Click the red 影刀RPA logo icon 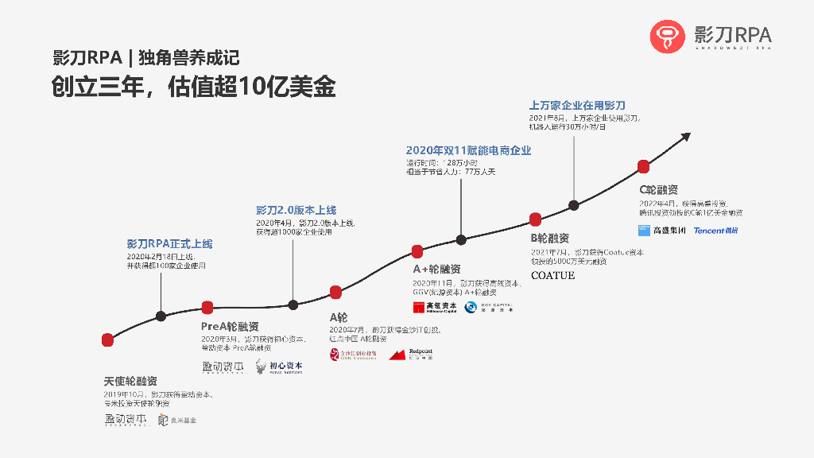(x=667, y=37)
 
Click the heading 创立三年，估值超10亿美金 (x=194, y=87)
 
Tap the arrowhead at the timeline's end (x=684, y=136)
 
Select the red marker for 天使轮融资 (x=107, y=340)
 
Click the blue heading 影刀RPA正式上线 (x=169, y=244)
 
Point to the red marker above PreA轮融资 (x=207, y=308)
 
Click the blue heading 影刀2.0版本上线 (x=296, y=210)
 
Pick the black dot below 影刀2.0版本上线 (x=293, y=305)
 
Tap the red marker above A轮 (x=335, y=292)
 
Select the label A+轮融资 (x=436, y=270)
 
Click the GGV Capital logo (x=489, y=307)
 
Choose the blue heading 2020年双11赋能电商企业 (x=468, y=150)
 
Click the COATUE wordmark (x=552, y=276)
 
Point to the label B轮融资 (x=550, y=238)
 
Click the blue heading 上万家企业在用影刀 (x=578, y=105)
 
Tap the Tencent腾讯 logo (x=715, y=231)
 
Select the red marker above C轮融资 (x=645, y=166)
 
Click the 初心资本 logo (x=279, y=367)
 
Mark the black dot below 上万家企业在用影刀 (x=575, y=205)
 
